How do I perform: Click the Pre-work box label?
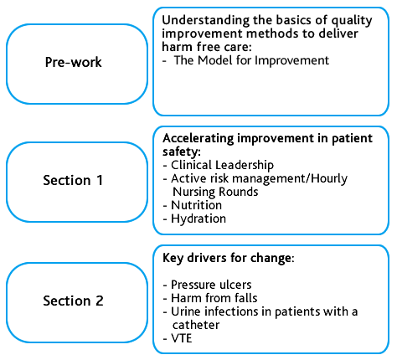point(74,62)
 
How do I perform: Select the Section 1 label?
point(73,180)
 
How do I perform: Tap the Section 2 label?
point(73,301)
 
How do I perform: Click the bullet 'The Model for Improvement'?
point(251,60)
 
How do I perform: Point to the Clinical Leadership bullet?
point(222,165)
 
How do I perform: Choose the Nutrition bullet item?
point(196,205)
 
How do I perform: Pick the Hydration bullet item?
point(198,219)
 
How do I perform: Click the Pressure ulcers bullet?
point(211,285)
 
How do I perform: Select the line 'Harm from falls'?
point(214,298)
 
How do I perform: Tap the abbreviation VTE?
point(182,338)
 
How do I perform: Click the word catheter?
point(196,325)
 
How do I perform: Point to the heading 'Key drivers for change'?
point(228,258)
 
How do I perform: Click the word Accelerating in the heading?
point(198,139)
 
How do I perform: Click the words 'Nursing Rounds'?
point(215,192)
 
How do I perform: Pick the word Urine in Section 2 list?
point(186,311)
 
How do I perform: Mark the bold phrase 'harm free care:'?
point(207,47)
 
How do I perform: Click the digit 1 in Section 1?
point(100,180)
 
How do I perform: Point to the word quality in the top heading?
point(352,21)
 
